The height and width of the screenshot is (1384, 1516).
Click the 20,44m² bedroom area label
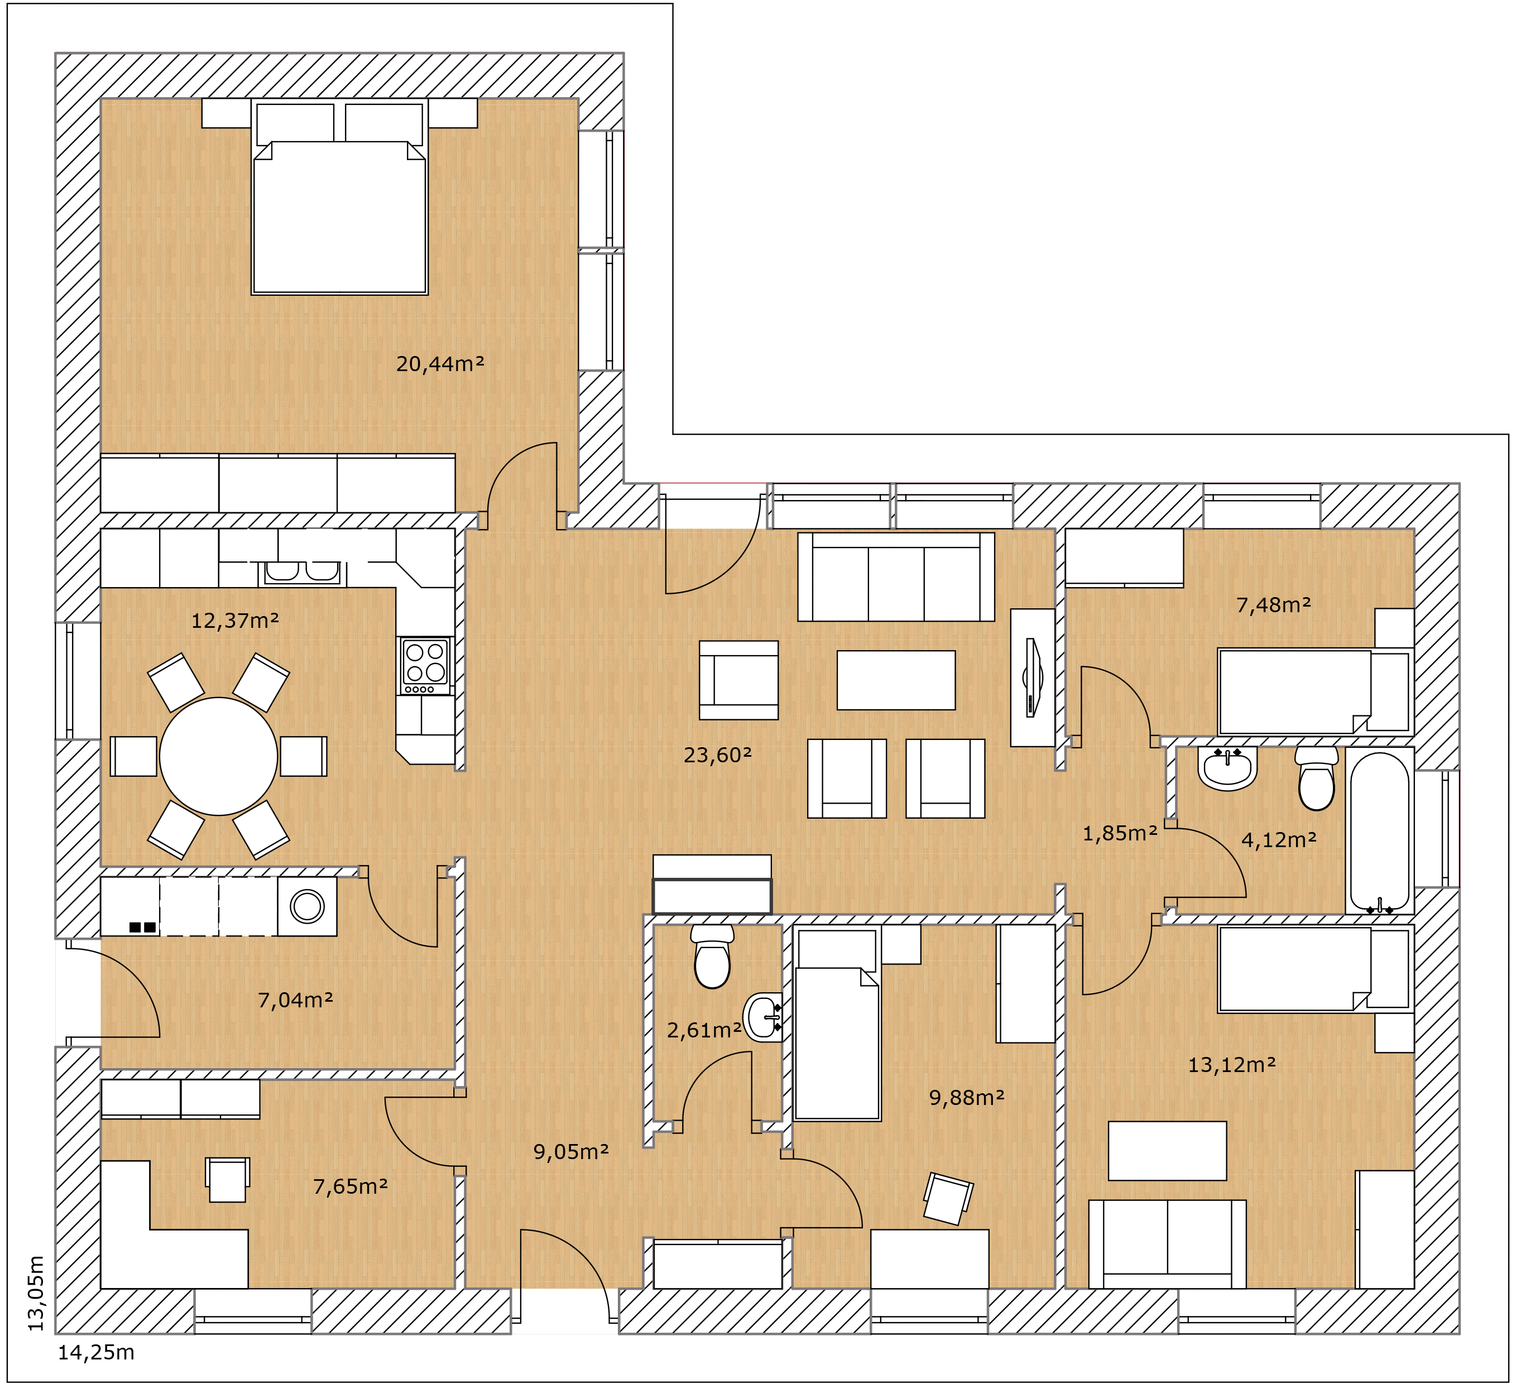coord(440,364)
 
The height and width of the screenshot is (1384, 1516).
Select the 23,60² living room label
coord(717,755)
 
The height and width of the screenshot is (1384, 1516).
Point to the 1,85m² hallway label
coord(1120,833)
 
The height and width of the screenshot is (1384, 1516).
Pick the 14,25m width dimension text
coord(96,1352)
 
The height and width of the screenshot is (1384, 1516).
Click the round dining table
coord(219,756)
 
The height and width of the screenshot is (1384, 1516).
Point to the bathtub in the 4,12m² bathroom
coord(1380,831)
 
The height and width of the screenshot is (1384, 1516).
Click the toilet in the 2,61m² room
coord(712,957)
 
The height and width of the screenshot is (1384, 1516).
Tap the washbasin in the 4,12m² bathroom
coord(1227,768)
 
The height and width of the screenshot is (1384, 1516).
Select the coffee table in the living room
coord(896,680)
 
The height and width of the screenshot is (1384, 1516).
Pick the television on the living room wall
coord(1033,678)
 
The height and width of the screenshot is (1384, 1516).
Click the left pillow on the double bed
coord(295,124)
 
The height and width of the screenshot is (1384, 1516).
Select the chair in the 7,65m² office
coord(228,1180)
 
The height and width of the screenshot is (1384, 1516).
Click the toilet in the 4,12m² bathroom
coord(1317,778)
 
